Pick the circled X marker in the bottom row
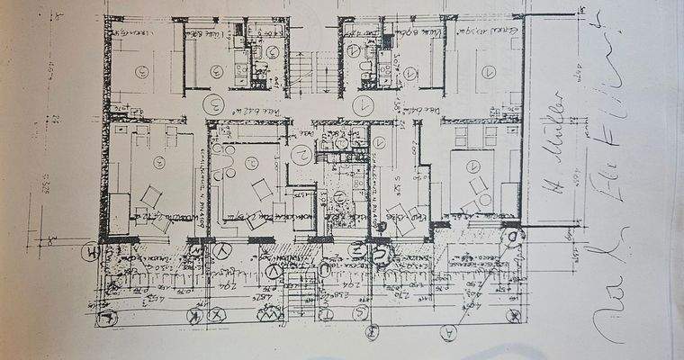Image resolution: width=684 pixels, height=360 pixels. tap(217, 316)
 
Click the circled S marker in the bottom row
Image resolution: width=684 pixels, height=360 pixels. tap(361, 313)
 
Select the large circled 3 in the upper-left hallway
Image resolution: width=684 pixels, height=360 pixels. tap(214, 102)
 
